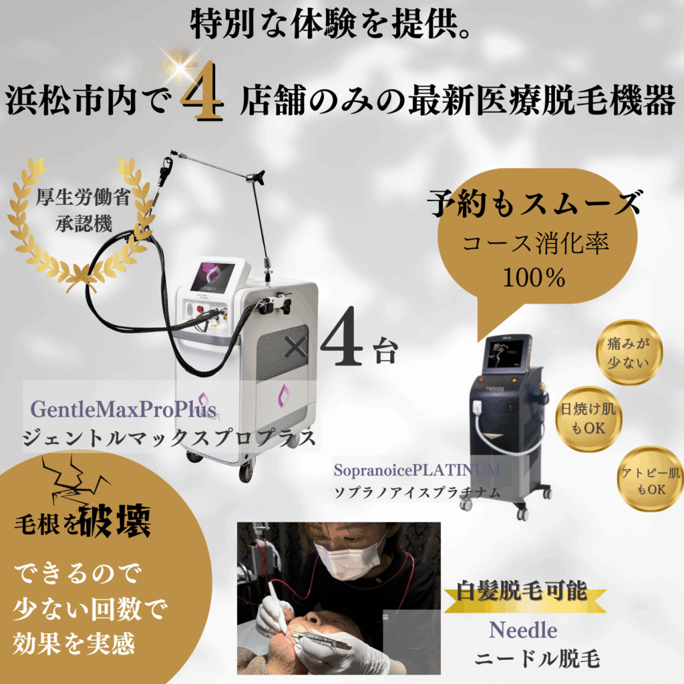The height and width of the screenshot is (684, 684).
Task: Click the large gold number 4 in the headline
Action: click(x=203, y=91)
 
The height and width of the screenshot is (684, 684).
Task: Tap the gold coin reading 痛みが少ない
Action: click(x=629, y=353)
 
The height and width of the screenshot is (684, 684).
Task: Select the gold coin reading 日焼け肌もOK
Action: click(x=588, y=419)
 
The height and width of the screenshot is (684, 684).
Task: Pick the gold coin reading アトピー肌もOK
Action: click(x=651, y=479)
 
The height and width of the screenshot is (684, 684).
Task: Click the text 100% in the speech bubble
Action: click(x=534, y=277)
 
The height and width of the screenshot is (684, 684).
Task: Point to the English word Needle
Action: click(x=523, y=631)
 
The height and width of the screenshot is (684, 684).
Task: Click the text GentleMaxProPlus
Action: click(x=124, y=409)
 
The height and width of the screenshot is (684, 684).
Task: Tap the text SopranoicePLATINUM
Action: click(x=417, y=470)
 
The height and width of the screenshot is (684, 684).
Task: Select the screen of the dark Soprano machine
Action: click(x=506, y=354)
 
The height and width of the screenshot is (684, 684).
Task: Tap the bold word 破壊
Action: click(x=115, y=521)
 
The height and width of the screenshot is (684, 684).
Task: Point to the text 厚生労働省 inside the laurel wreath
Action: click(x=83, y=197)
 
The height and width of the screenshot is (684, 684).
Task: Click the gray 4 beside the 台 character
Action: click(x=342, y=336)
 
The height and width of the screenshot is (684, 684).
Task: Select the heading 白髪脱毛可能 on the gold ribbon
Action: click(x=522, y=592)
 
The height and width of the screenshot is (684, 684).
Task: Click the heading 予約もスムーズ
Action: click(x=535, y=203)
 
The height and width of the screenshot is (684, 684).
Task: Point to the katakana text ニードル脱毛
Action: click(x=538, y=659)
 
